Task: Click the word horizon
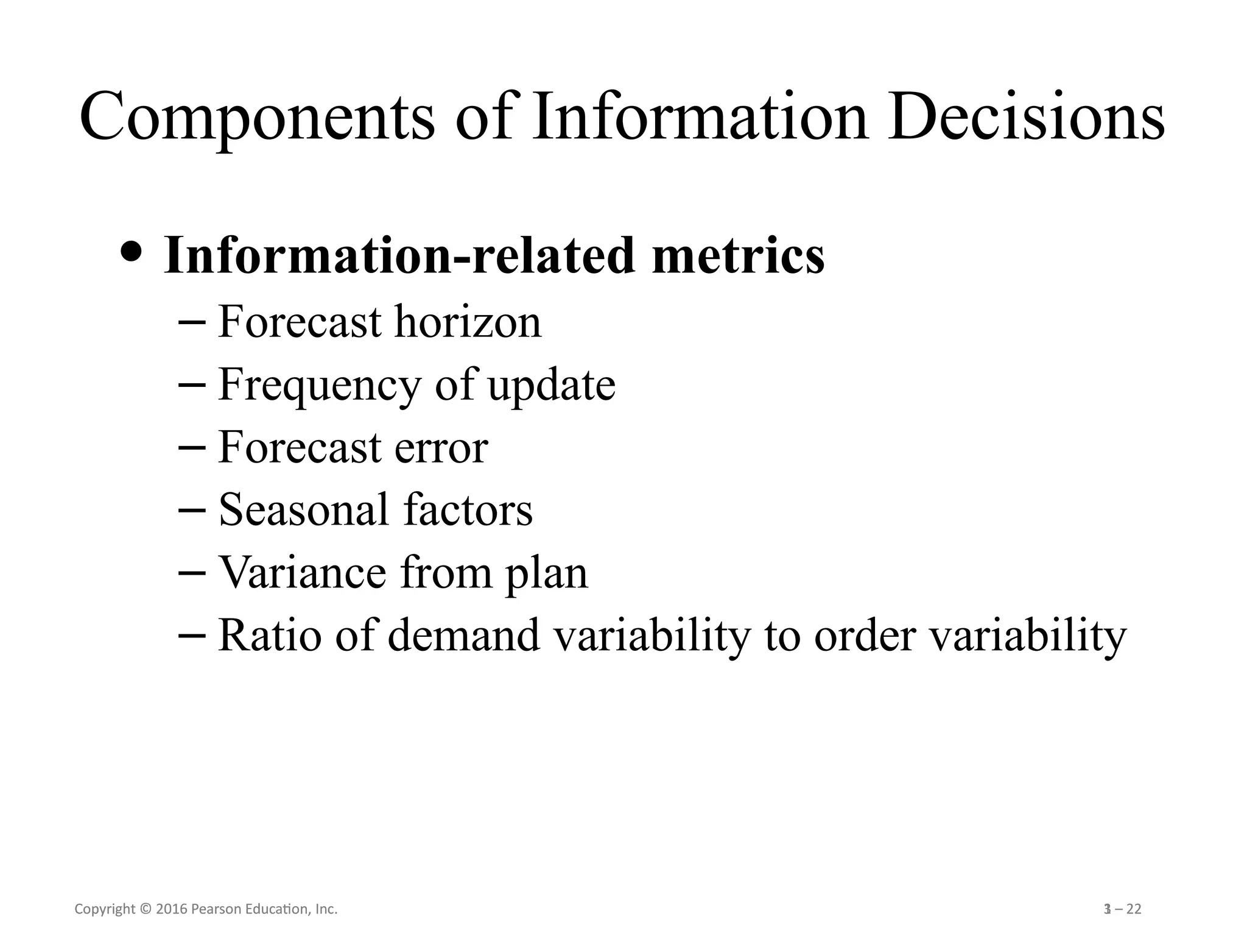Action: (468, 322)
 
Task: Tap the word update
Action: (552, 386)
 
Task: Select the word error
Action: (441, 448)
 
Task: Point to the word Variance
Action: (302, 573)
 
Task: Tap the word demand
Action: (463, 636)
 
